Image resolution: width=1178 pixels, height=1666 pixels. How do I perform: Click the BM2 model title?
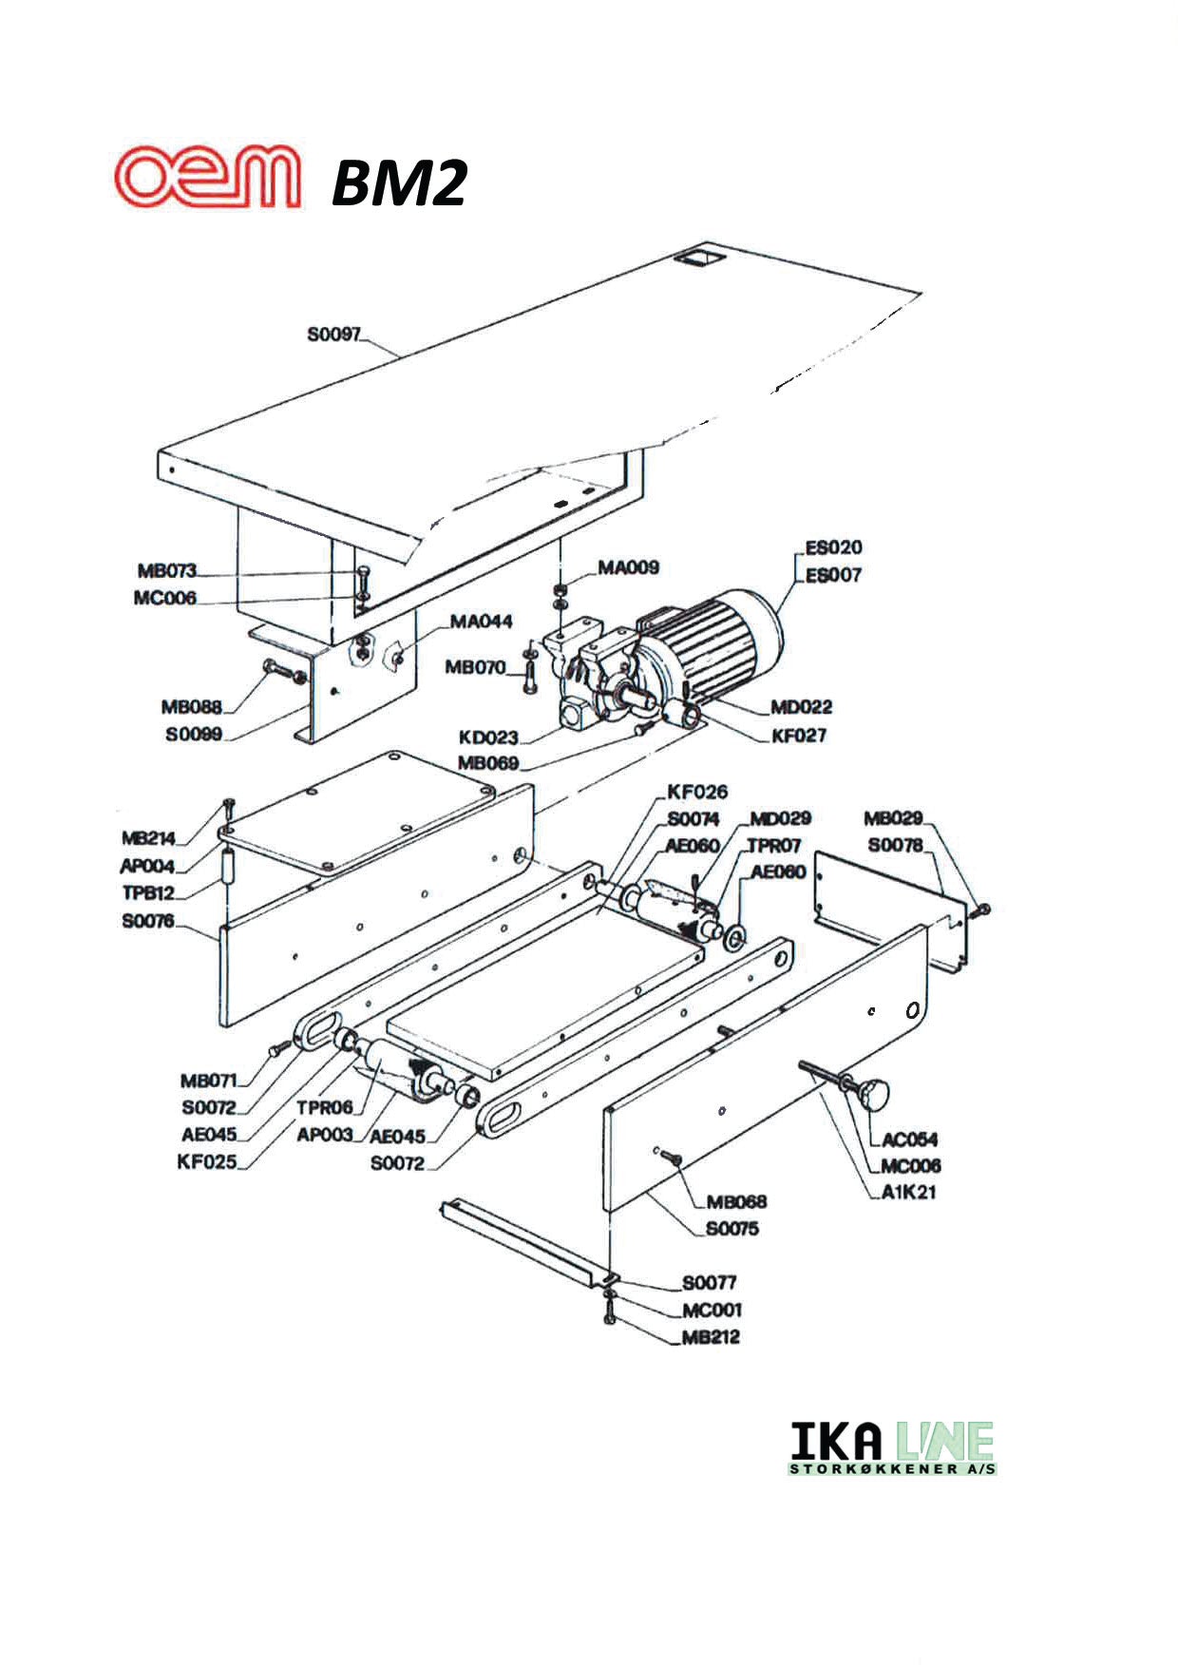click(399, 183)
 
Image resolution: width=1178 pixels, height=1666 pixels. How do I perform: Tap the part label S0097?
click(333, 335)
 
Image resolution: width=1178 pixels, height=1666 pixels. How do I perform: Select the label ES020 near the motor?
click(833, 547)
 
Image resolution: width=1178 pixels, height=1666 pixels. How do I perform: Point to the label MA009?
click(627, 567)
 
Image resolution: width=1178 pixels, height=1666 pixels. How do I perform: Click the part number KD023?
click(488, 737)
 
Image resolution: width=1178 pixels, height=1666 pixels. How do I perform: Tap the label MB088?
click(191, 706)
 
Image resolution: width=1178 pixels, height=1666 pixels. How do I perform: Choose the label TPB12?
click(148, 893)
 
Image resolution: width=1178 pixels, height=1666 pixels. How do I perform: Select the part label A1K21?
click(908, 1193)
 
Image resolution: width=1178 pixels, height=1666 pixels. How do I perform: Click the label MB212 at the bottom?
click(711, 1337)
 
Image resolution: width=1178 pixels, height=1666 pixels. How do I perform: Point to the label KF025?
click(206, 1161)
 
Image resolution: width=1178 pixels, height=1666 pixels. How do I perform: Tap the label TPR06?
click(324, 1107)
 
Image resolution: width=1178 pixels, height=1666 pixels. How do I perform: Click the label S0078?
click(895, 845)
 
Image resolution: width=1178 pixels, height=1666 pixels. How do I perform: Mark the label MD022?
click(801, 706)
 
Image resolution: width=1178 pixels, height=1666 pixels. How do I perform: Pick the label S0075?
click(731, 1229)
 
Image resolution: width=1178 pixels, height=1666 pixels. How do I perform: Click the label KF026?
click(697, 792)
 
